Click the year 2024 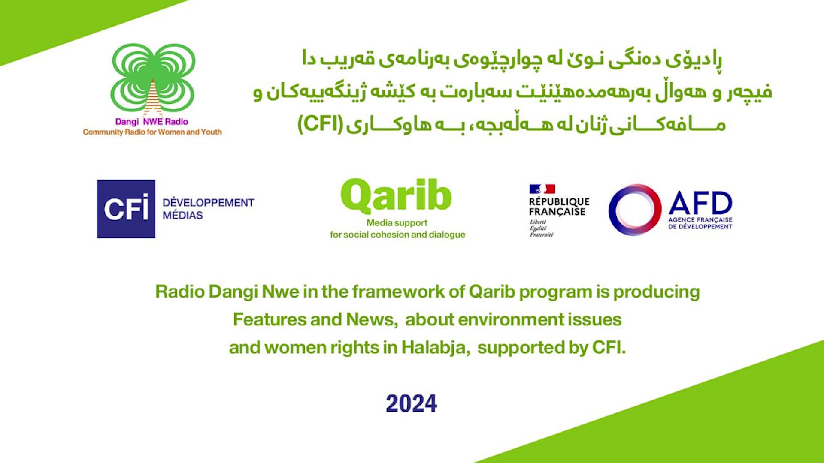tap(411, 403)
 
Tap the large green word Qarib tap(396, 195)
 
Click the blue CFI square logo tap(126, 209)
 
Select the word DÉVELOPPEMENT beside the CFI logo tap(208, 202)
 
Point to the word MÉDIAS tap(182, 215)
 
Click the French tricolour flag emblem tap(542, 189)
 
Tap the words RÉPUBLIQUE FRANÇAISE tap(559, 207)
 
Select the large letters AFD tap(700, 203)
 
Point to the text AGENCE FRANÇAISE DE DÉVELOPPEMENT tap(700, 223)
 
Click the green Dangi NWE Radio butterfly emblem tap(153, 80)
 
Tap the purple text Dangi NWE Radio tap(152, 122)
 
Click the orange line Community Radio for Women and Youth tap(152, 132)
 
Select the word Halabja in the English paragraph tap(433, 347)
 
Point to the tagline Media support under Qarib tap(397, 223)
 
